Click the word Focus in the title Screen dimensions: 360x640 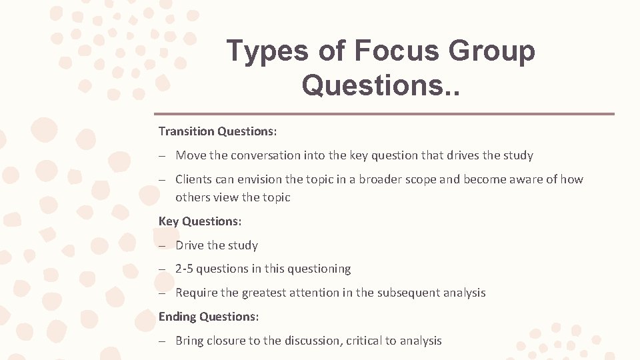click(398, 51)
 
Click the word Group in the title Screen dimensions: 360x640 click(493, 51)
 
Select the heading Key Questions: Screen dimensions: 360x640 click(200, 221)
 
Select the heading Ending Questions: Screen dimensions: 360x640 click(209, 317)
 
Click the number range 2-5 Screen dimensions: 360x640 click(184, 269)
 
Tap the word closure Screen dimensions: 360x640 click(226, 341)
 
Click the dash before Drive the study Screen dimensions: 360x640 click(162, 245)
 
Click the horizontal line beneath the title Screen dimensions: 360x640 click(384, 113)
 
